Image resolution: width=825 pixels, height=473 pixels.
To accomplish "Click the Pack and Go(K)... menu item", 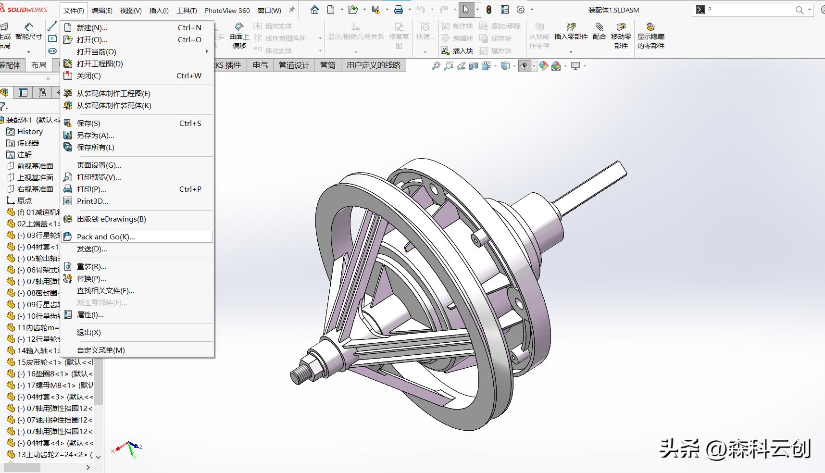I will click(x=106, y=236).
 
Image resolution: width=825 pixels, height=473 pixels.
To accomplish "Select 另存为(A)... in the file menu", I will click(x=95, y=136).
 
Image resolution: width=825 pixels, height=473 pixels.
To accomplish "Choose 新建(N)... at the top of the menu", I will click(x=92, y=28).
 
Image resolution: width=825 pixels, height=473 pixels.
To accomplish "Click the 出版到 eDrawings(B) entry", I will click(x=111, y=219).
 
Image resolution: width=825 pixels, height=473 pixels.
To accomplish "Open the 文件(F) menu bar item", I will click(x=74, y=10).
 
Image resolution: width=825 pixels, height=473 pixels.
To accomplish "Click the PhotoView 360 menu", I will click(x=227, y=10).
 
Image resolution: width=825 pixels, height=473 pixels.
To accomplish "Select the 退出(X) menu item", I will click(x=88, y=333).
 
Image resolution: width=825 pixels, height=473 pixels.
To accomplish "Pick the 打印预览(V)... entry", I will click(x=99, y=177).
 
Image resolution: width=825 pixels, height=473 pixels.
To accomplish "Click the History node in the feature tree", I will click(x=30, y=132).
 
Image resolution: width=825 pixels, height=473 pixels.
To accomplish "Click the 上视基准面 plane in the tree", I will click(x=35, y=178).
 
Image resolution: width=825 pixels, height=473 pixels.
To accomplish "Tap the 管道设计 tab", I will click(x=294, y=65).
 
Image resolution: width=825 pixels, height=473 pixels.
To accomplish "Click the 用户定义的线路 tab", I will click(x=373, y=65).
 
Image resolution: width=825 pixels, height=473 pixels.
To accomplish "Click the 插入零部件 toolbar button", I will click(x=571, y=32).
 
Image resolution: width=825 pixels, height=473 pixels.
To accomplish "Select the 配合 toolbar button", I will click(x=599, y=32).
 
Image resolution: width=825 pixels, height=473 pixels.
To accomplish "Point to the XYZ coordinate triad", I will click(x=128, y=448).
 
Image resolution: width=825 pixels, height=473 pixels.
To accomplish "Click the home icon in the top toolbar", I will click(x=314, y=10).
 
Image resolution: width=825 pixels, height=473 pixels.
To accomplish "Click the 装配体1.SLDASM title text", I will click(x=613, y=10).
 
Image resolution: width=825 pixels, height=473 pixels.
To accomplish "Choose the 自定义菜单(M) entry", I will click(x=100, y=350).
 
